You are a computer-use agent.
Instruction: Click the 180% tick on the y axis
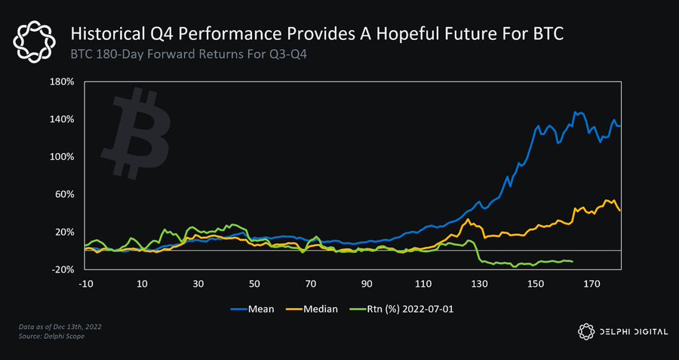coord(62,82)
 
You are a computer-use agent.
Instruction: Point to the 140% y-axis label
coord(62,119)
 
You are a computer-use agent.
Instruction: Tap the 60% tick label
coord(64,194)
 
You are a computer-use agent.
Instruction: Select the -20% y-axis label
coord(63,269)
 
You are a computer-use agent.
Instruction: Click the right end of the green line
coord(573,262)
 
